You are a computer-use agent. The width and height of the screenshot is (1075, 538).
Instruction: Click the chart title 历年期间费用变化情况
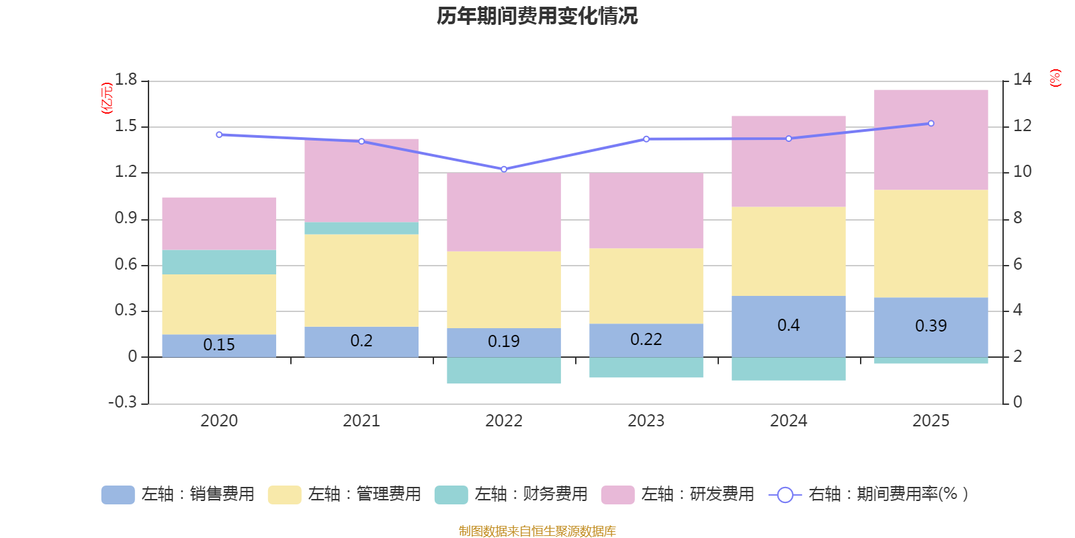(x=537, y=16)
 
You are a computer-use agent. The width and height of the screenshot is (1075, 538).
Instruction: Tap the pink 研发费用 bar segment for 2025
(x=931, y=140)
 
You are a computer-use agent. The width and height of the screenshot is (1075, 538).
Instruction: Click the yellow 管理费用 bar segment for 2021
(x=361, y=280)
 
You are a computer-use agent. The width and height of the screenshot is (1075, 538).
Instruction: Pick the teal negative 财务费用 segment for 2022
(x=503, y=371)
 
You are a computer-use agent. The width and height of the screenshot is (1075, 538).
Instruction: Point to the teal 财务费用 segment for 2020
(x=219, y=262)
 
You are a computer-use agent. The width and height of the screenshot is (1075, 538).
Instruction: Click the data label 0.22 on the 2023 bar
(x=646, y=340)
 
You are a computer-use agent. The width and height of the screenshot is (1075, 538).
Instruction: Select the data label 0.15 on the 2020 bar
(x=219, y=345)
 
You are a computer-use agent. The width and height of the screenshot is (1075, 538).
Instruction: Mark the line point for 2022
(x=504, y=169)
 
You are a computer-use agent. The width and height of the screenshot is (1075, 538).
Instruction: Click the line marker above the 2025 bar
(x=931, y=124)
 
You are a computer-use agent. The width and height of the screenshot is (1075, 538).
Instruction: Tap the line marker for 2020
(x=219, y=134)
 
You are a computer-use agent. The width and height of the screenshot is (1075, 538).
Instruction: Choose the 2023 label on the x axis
(x=646, y=421)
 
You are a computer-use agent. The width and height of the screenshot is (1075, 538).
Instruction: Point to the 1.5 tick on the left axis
(x=126, y=126)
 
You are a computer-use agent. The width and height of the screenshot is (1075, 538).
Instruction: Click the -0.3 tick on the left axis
(x=122, y=402)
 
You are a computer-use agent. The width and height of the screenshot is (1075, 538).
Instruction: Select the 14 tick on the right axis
(x=1021, y=80)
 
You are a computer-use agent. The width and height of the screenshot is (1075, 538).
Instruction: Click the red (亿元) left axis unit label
(x=106, y=98)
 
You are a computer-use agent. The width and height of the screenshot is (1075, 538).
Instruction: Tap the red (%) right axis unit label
(x=1055, y=78)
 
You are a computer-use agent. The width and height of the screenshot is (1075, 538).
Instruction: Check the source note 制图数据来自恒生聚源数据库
(x=537, y=531)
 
